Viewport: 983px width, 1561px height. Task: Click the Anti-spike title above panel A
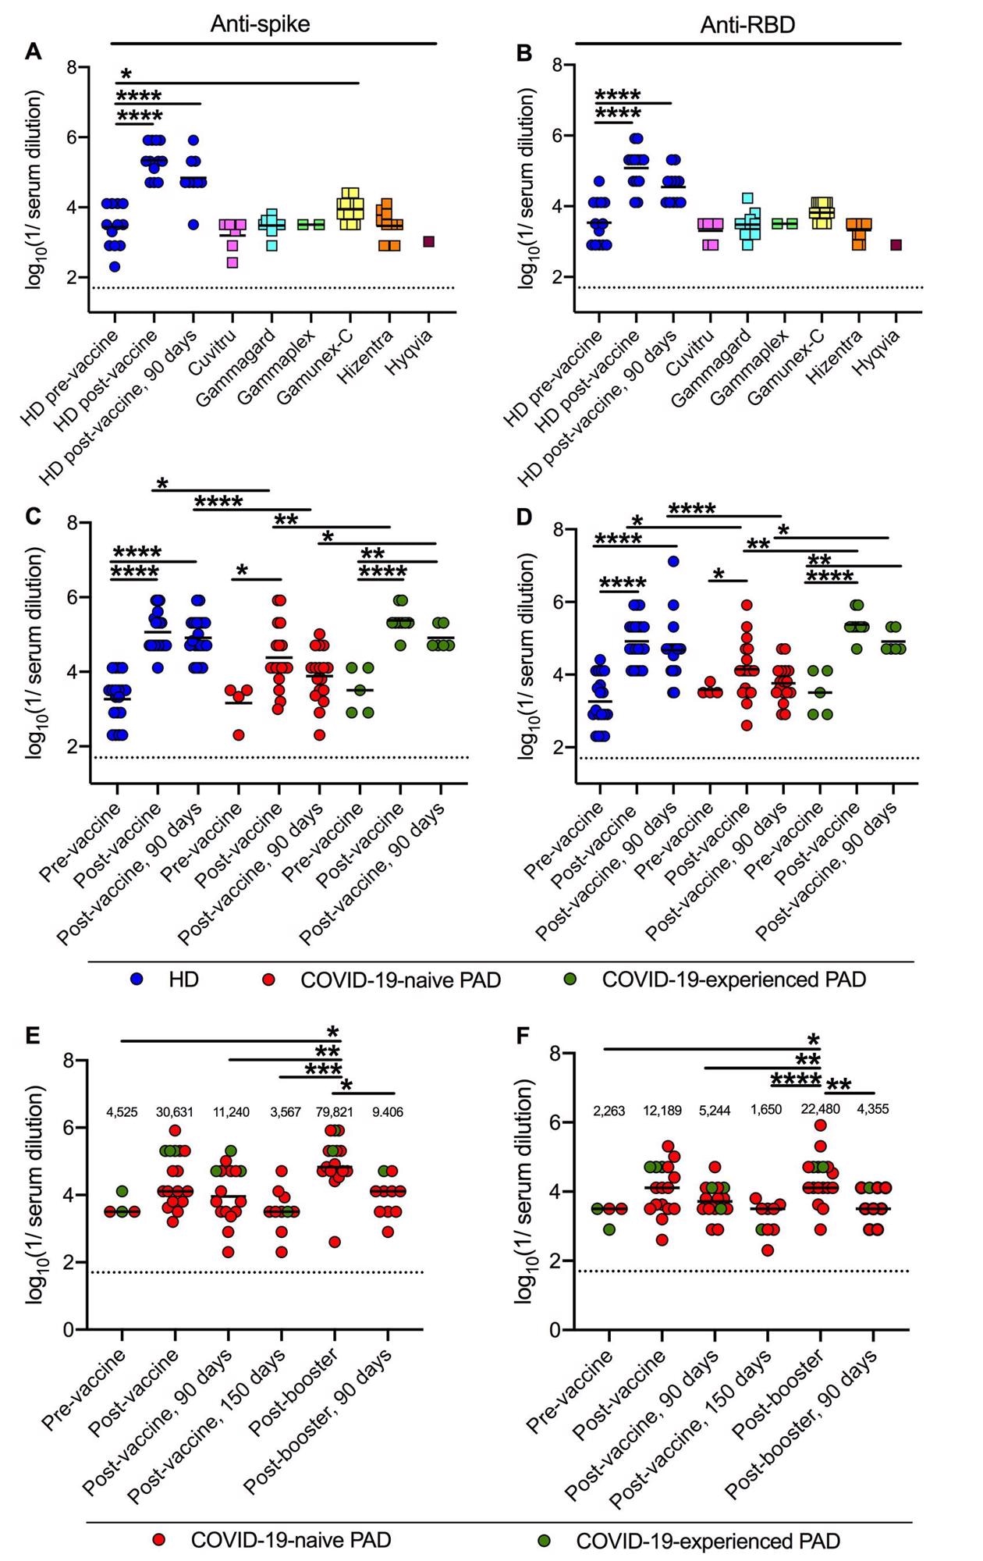click(x=260, y=24)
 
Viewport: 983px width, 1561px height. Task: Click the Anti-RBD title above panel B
click(x=747, y=25)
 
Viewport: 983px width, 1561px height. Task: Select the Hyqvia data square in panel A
click(x=428, y=242)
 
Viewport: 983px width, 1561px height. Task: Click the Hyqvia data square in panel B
click(x=896, y=245)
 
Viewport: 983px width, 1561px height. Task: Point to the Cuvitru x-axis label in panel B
click(x=687, y=352)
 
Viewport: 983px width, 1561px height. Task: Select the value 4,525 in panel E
click(x=122, y=1112)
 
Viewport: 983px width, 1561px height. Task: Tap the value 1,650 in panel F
click(x=768, y=1110)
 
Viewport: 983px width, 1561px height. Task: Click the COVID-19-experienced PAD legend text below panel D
click(x=733, y=979)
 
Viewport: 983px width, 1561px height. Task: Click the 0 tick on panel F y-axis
click(x=555, y=1330)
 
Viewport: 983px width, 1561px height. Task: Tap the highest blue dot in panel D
click(x=673, y=561)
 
